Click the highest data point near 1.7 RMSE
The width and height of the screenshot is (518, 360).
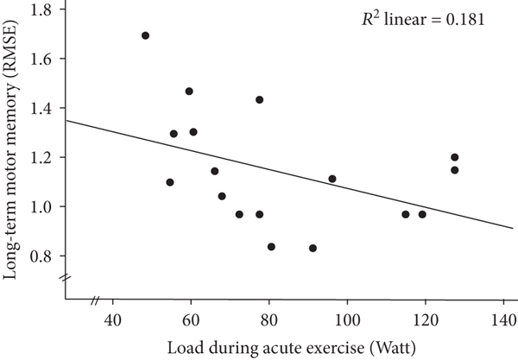click(145, 35)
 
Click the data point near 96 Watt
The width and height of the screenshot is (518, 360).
click(332, 179)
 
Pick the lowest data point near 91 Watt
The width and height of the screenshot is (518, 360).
click(313, 248)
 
